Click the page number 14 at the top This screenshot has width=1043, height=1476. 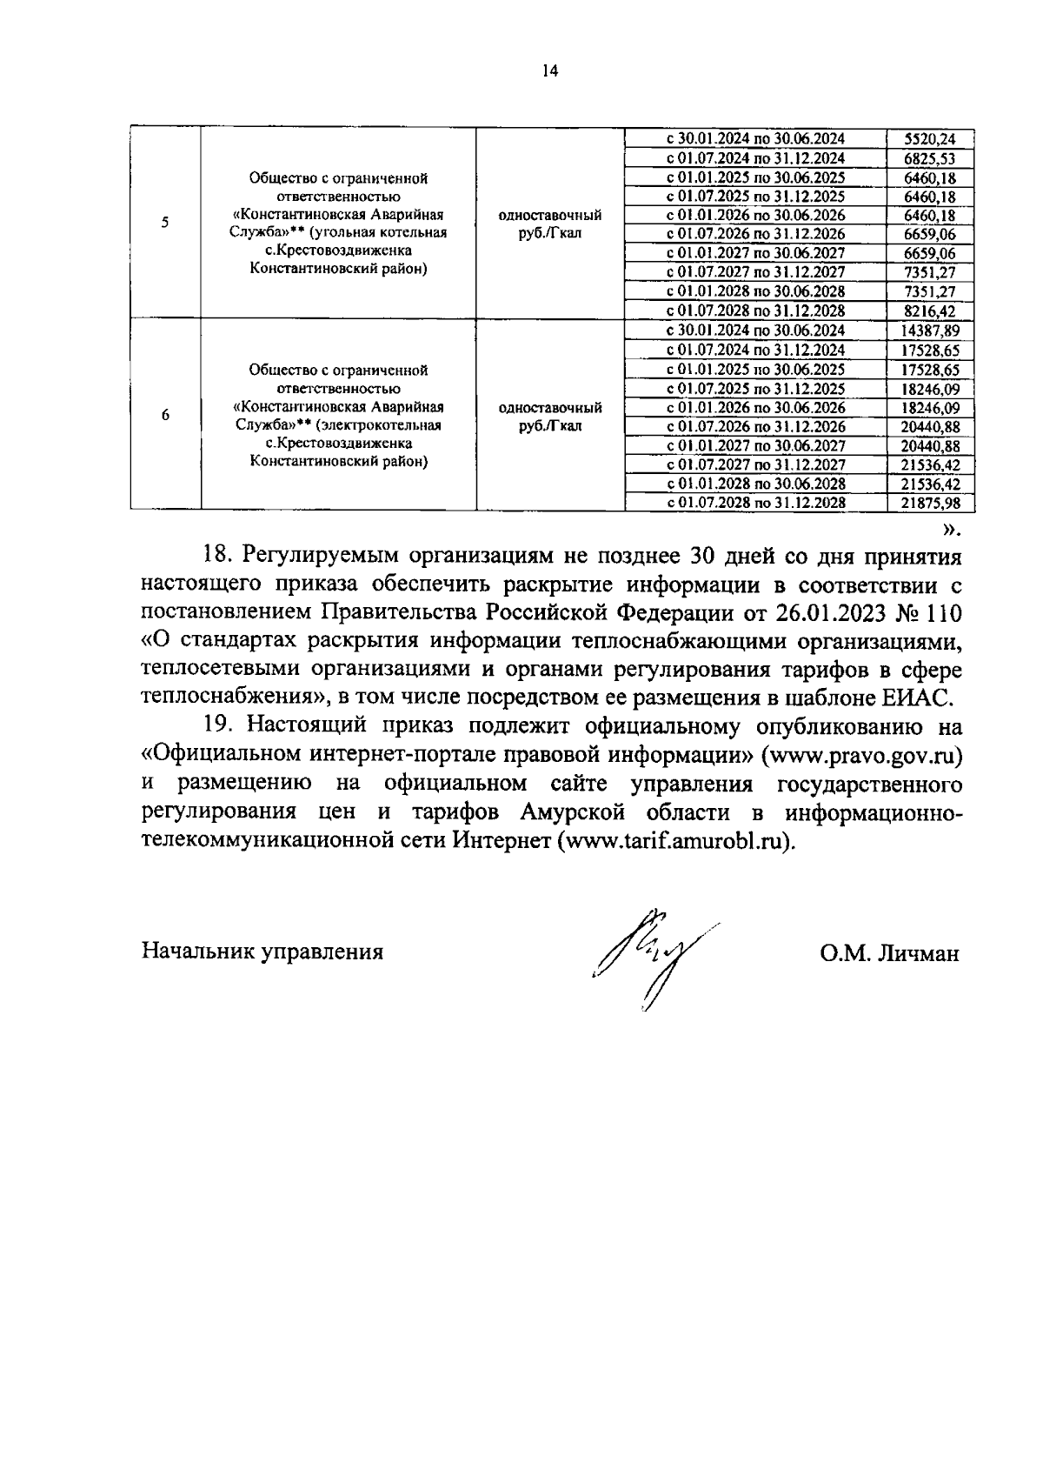(x=548, y=71)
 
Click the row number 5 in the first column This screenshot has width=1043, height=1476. (x=165, y=222)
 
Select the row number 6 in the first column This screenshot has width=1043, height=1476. (x=165, y=415)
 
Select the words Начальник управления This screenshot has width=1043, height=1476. (x=262, y=952)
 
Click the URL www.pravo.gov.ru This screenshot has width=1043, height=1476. (x=860, y=755)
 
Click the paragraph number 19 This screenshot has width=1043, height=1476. (x=218, y=726)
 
